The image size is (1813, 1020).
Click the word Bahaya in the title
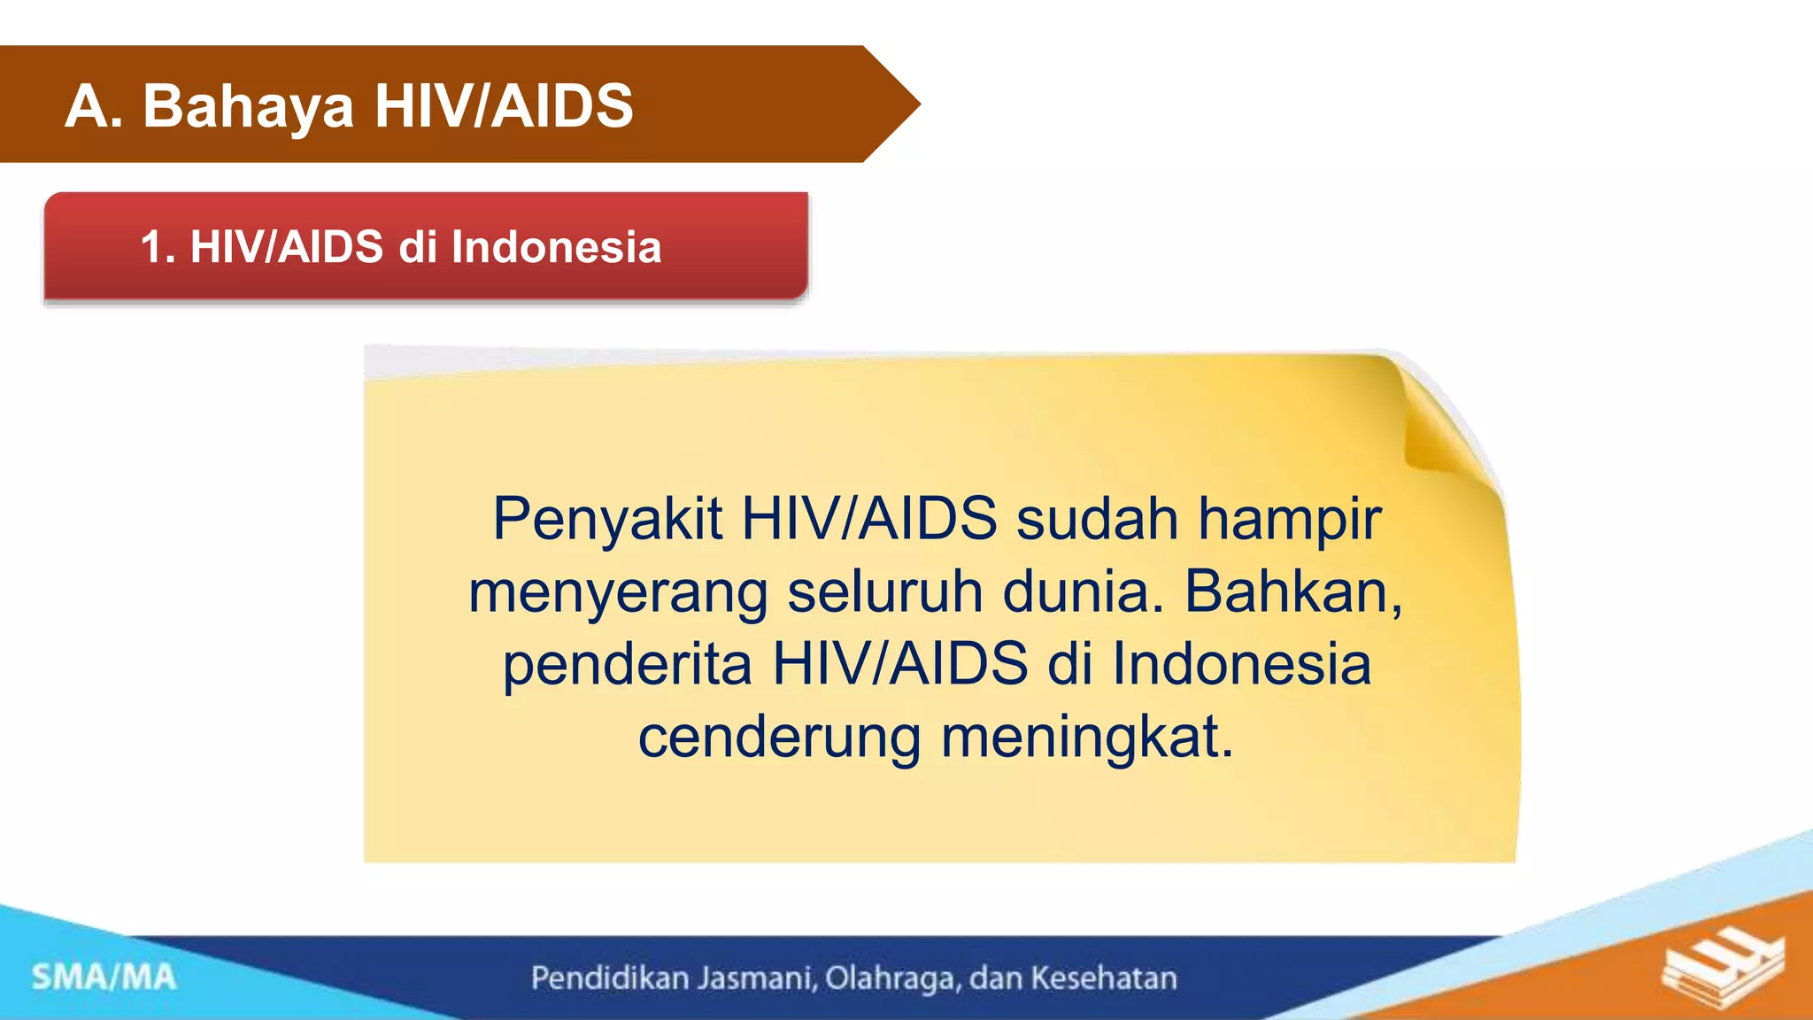[248, 107]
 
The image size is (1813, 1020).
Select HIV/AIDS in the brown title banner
[504, 106]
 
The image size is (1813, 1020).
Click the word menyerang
[618, 593]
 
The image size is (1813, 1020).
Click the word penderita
[628, 666]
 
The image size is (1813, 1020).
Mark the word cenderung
[779, 738]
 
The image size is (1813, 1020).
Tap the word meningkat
[1086, 738]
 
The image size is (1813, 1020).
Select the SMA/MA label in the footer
[104, 977]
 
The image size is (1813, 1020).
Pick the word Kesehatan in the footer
[1104, 978]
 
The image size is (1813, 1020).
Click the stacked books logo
[1722, 974]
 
